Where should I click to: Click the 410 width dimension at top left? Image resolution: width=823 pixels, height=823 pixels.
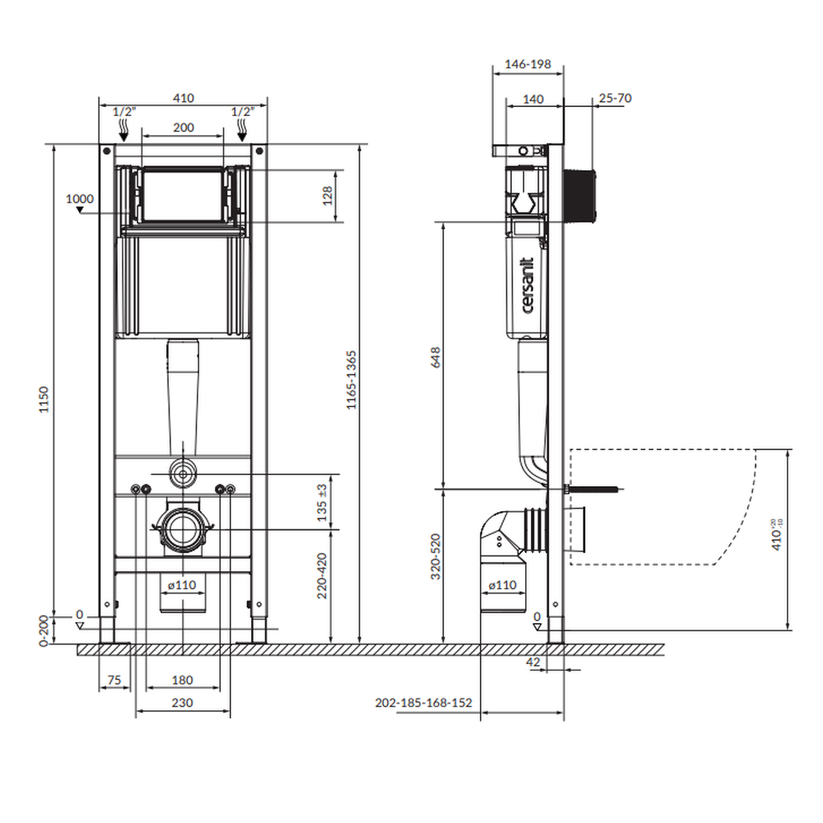click(183, 98)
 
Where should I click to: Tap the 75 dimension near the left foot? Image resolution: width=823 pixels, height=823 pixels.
click(114, 680)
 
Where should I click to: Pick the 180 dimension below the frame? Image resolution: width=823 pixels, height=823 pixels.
click(183, 680)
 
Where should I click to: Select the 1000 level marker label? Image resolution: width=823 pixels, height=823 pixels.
click(80, 198)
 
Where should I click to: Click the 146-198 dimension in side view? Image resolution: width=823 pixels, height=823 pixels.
click(528, 63)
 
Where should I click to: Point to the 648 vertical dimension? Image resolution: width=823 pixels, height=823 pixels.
click(435, 356)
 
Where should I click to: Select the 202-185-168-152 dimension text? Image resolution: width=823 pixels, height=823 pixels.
click(423, 703)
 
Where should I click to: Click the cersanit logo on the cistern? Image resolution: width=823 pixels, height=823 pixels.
click(528, 285)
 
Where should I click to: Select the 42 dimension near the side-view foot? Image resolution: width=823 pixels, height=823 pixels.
click(532, 660)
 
